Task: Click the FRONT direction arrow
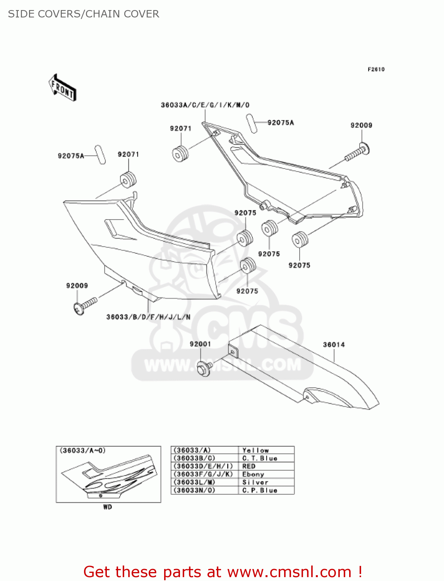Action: pos(62,88)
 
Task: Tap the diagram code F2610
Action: pos(376,69)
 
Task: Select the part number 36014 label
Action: pos(334,345)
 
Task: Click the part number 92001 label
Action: pos(200,344)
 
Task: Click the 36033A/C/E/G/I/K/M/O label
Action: pos(205,105)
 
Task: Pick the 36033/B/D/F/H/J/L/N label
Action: pos(148,317)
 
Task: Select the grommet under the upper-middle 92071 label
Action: pos(180,153)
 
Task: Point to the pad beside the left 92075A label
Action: pos(100,155)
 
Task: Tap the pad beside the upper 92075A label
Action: pos(252,124)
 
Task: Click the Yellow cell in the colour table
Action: pos(255,450)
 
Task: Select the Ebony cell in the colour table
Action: pos(253,474)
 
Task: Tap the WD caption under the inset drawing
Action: pos(108,507)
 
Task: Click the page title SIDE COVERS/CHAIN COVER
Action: pos(84,14)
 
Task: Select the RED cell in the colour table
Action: pos(249,466)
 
